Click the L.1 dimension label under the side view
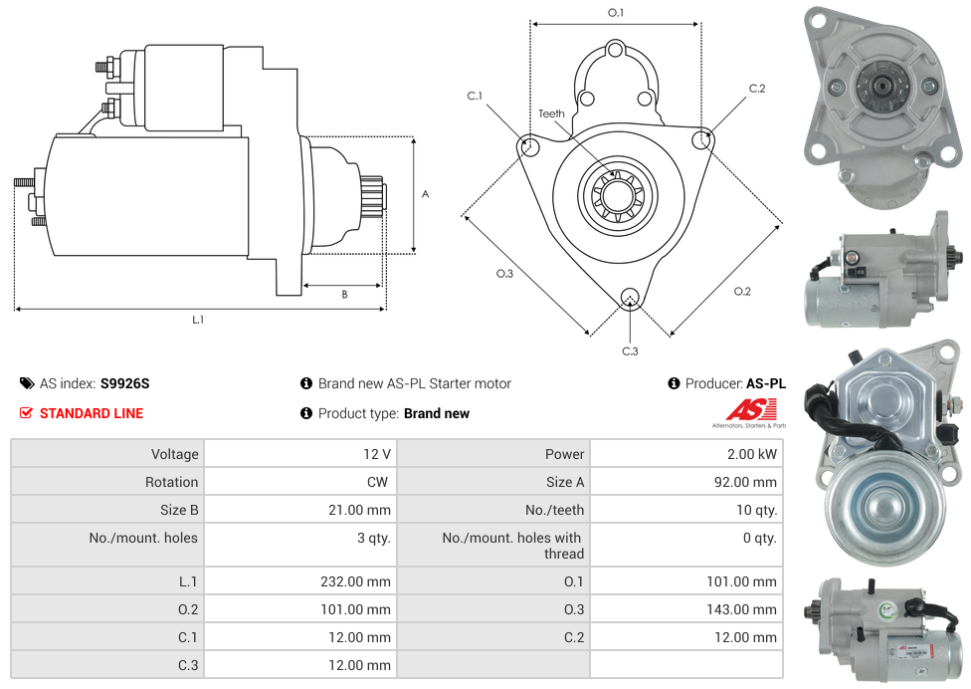pyautogui.click(x=198, y=320)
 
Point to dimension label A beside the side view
pyautogui.click(x=425, y=194)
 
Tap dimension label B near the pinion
pyautogui.click(x=344, y=295)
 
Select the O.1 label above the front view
pyautogui.click(x=616, y=13)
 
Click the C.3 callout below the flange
pyautogui.click(x=630, y=350)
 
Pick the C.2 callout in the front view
pyautogui.click(x=757, y=89)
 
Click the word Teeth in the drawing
pyautogui.click(x=551, y=114)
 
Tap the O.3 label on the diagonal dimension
pyautogui.click(x=504, y=274)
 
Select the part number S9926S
pyautogui.click(x=124, y=383)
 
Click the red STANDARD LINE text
pyautogui.click(x=91, y=413)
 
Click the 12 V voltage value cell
pyautogui.click(x=376, y=454)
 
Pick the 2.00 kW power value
pyautogui.click(x=752, y=454)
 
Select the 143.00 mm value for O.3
pyautogui.click(x=741, y=609)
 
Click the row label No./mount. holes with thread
pyautogui.click(x=512, y=546)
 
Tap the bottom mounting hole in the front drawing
pyautogui.click(x=629, y=297)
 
